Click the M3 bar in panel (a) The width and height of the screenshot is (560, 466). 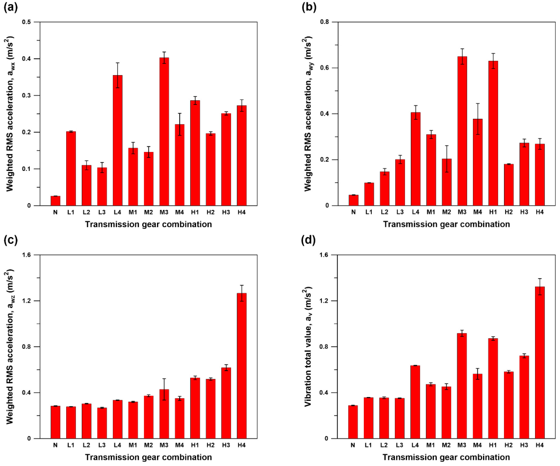(164, 131)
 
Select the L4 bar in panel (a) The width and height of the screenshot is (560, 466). (118, 140)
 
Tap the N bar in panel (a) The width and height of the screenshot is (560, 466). (55, 201)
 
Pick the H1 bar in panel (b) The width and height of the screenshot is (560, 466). (493, 133)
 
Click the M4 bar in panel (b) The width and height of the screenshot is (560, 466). (478, 162)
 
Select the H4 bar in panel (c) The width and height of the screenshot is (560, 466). (242, 366)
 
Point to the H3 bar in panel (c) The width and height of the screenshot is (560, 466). (226, 403)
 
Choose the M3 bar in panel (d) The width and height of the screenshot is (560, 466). (462, 386)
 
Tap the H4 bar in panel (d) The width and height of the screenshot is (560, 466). (540, 363)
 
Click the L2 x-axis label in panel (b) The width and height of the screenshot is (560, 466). (385, 212)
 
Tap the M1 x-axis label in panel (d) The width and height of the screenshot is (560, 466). (430, 445)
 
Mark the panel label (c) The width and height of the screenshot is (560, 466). (10, 240)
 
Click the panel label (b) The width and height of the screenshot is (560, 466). (309, 7)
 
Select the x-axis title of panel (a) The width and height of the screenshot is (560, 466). (148, 224)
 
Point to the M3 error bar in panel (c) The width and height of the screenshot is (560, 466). (164, 389)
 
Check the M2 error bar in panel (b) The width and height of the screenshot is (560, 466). (447, 159)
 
